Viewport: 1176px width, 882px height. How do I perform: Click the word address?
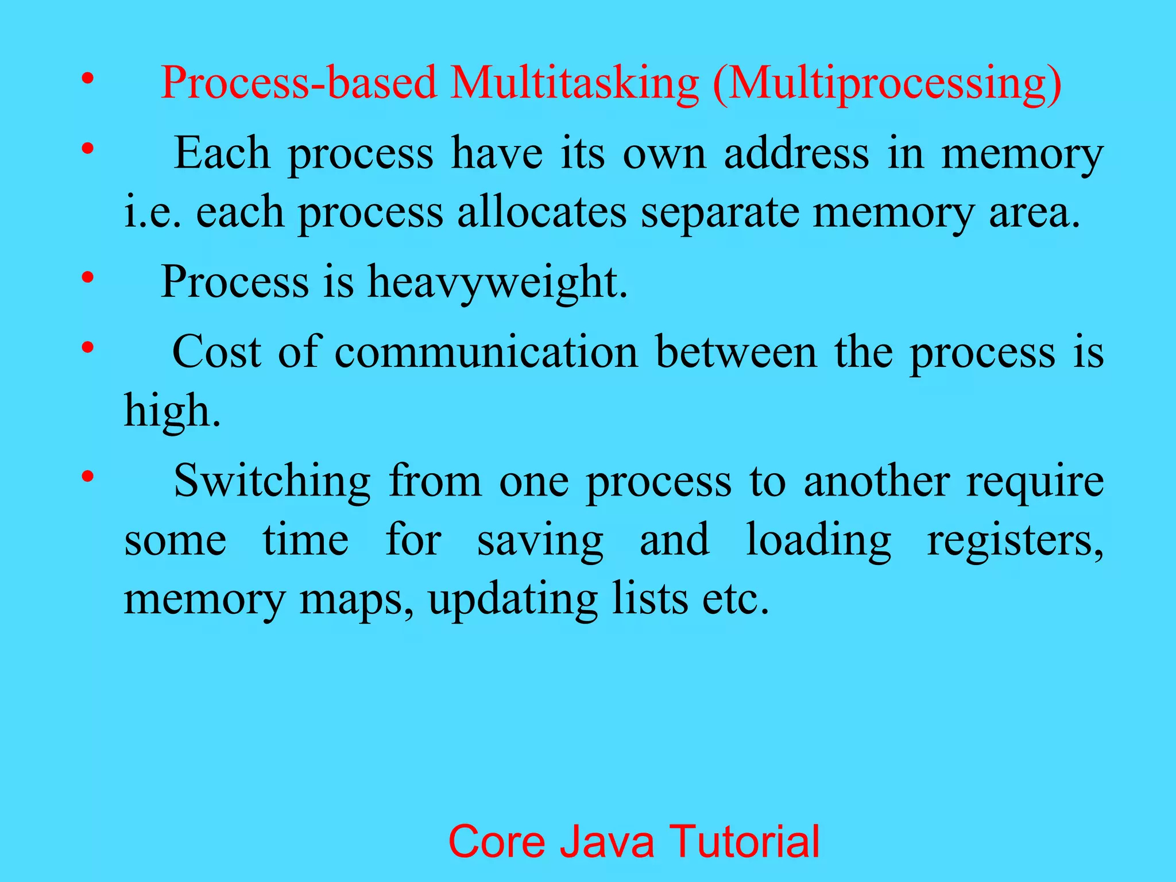point(796,154)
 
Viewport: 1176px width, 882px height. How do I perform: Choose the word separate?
point(720,213)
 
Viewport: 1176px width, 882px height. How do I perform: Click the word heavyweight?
point(497,282)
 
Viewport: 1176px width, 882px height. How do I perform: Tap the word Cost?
point(217,351)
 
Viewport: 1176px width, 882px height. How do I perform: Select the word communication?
point(486,351)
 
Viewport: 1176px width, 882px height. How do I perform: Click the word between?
point(736,351)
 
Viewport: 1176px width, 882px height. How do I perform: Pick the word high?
point(172,411)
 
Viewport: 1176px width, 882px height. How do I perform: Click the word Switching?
point(272,481)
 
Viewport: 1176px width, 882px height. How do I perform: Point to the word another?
point(876,481)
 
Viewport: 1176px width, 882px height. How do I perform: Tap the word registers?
point(1015,540)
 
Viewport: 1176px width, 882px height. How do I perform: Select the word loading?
point(818,540)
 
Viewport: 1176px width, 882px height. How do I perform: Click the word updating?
point(513,599)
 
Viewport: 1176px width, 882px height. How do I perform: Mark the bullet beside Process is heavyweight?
point(87,278)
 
